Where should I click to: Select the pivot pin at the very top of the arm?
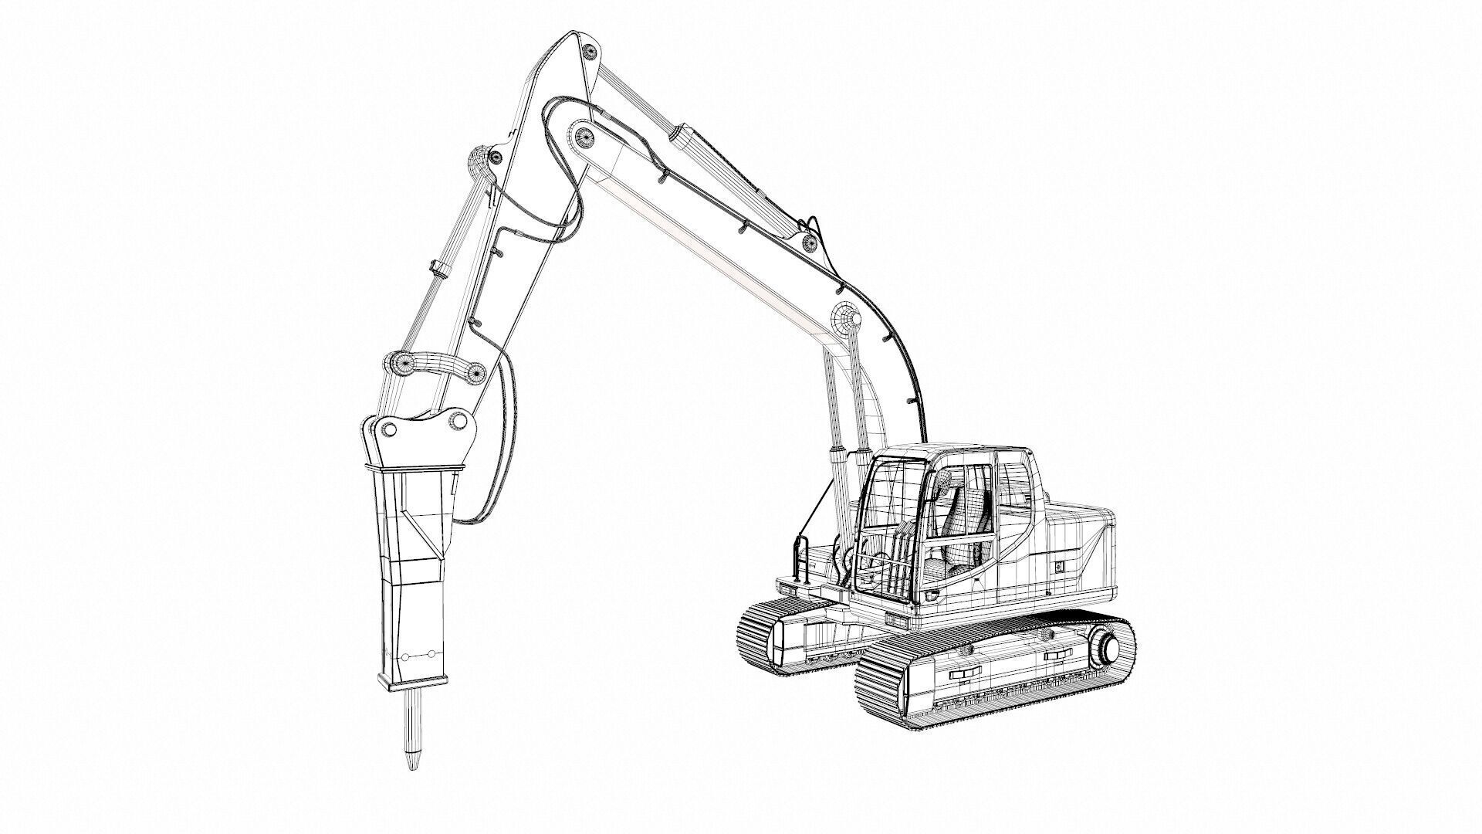coord(590,52)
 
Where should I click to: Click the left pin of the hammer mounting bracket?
coord(390,429)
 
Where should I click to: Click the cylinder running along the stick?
coord(455,255)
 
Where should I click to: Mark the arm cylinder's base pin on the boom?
coord(810,243)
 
